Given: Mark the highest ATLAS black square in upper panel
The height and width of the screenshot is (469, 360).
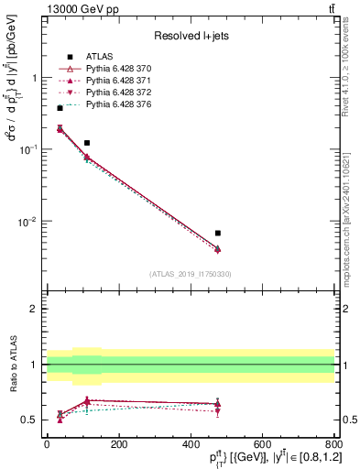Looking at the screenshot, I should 60,108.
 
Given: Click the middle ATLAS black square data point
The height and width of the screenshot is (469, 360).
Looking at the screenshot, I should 87,143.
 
